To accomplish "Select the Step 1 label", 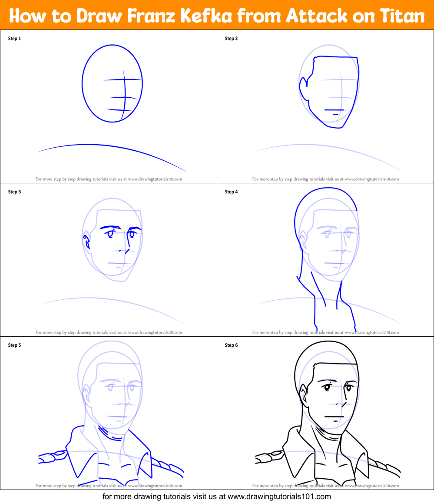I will [14, 39].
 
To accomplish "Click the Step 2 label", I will [231, 39].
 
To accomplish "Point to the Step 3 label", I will [14, 192].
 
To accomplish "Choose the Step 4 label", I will [231, 192].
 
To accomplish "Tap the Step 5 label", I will [14, 345].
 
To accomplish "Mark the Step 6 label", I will [231, 345].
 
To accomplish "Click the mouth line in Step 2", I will [334, 110].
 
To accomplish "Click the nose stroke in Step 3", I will [126, 251].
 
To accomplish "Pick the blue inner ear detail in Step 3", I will [87, 242].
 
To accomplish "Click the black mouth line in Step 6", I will [334, 417].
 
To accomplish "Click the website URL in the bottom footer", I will [279, 496].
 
